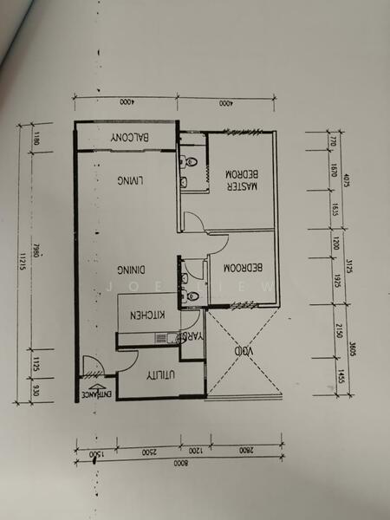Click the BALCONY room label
[132, 140]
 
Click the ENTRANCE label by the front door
[96, 393]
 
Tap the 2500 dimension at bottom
[149, 452]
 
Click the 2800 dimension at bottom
[245, 452]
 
